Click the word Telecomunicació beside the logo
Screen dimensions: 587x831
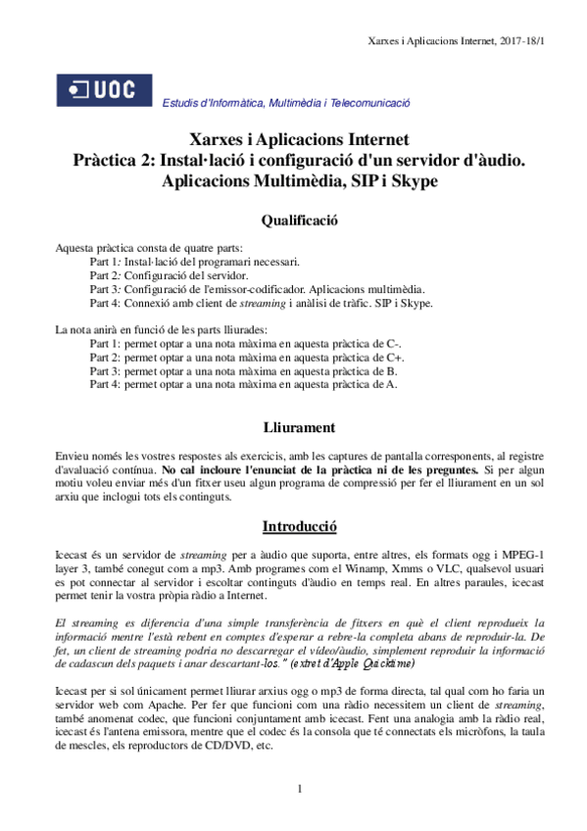369,102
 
